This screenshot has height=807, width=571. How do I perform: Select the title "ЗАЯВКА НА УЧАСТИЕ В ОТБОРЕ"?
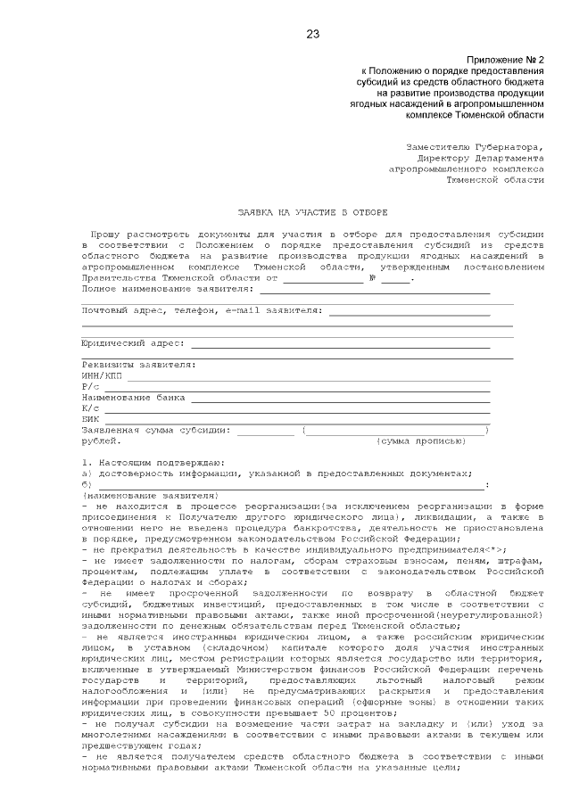click(311, 213)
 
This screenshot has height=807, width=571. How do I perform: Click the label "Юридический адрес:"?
click(133, 342)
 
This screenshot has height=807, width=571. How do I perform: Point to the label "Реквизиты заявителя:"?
click(138, 365)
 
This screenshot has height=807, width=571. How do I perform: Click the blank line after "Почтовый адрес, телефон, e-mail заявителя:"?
click(410, 314)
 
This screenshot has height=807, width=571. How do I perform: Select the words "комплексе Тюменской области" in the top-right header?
click(474, 115)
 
